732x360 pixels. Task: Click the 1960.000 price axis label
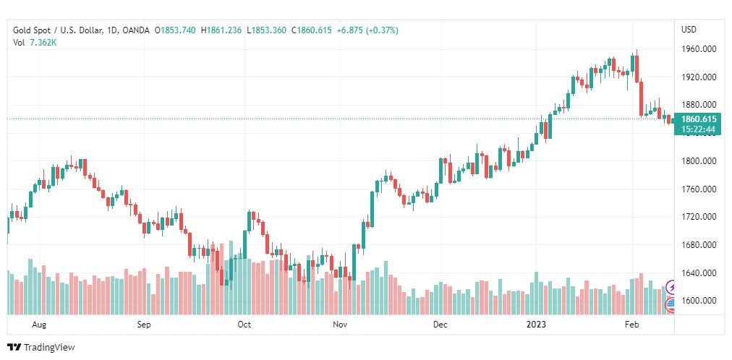click(x=699, y=49)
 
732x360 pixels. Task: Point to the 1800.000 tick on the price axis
click(x=699, y=161)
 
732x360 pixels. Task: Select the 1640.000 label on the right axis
click(x=699, y=273)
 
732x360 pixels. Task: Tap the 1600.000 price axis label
click(x=699, y=301)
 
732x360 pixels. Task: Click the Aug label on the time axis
click(x=40, y=325)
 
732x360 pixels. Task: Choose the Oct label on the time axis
click(x=244, y=325)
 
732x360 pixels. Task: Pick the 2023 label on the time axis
click(x=536, y=325)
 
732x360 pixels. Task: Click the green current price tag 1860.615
click(x=699, y=119)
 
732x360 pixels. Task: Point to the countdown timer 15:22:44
click(x=699, y=129)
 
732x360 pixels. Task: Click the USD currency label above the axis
click(x=689, y=30)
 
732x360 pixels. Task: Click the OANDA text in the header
click(x=137, y=30)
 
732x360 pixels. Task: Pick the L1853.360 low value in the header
click(x=267, y=30)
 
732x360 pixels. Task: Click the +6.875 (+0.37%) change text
click(x=367, y=30)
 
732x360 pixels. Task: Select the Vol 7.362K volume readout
click(x=35, y=43)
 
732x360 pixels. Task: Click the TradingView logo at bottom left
click(x=41, y=348)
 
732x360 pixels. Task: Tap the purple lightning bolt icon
click(x=671, y=287)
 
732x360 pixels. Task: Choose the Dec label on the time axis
click(x=440, y=325)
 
